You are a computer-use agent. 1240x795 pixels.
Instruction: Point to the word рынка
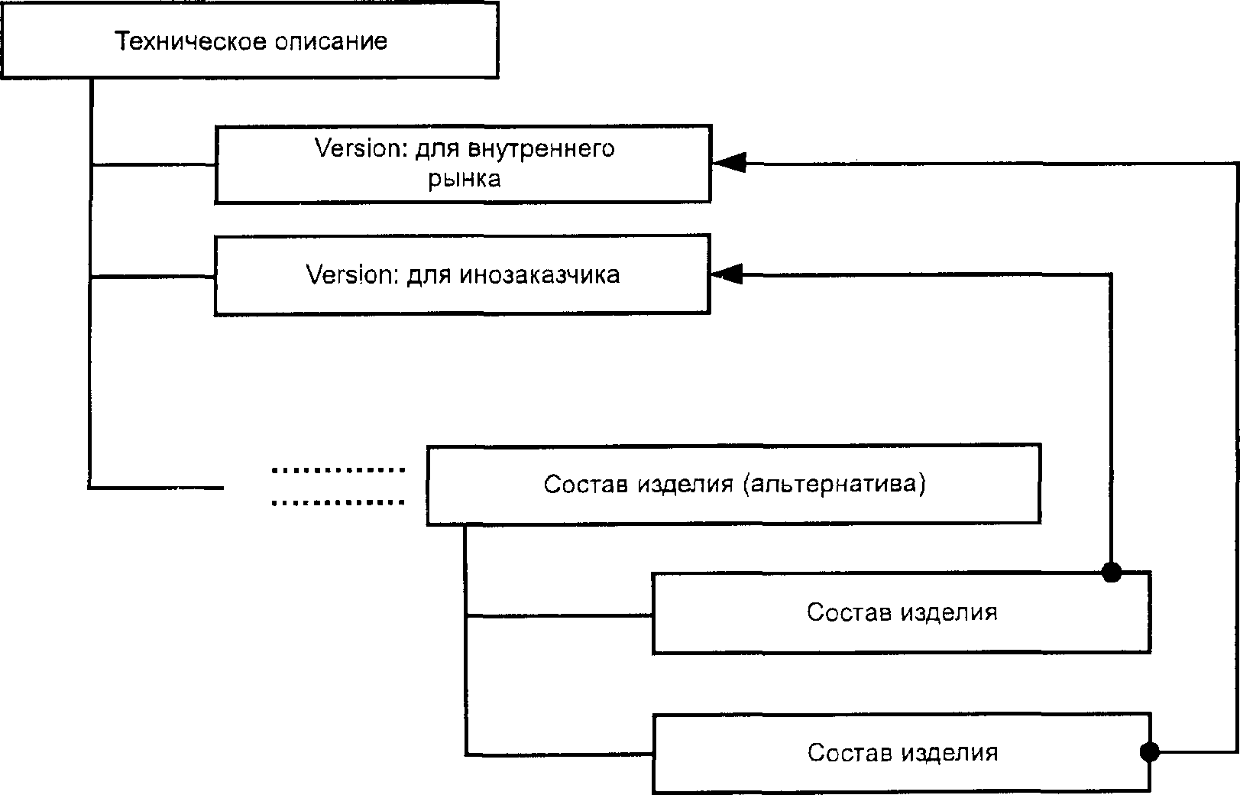(464, 179)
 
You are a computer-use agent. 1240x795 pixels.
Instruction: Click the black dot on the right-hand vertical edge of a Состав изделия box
(1149, 752)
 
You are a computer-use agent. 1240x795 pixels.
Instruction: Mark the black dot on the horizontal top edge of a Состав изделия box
(1112, 572)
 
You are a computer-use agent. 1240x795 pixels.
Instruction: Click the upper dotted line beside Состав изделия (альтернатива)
(338, 470)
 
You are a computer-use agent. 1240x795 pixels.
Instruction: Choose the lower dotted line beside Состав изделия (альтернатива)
(338, 503)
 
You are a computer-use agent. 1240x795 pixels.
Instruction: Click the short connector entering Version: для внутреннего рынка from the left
(153, 164)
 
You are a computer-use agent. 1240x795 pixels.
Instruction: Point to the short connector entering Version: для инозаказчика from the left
(153, 277)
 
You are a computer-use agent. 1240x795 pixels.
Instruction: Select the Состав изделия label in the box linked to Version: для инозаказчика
(902, 612)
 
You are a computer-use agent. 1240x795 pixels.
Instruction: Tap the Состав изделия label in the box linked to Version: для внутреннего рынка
(902, 753)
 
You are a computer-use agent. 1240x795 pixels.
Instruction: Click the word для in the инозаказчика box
(427, 274)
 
